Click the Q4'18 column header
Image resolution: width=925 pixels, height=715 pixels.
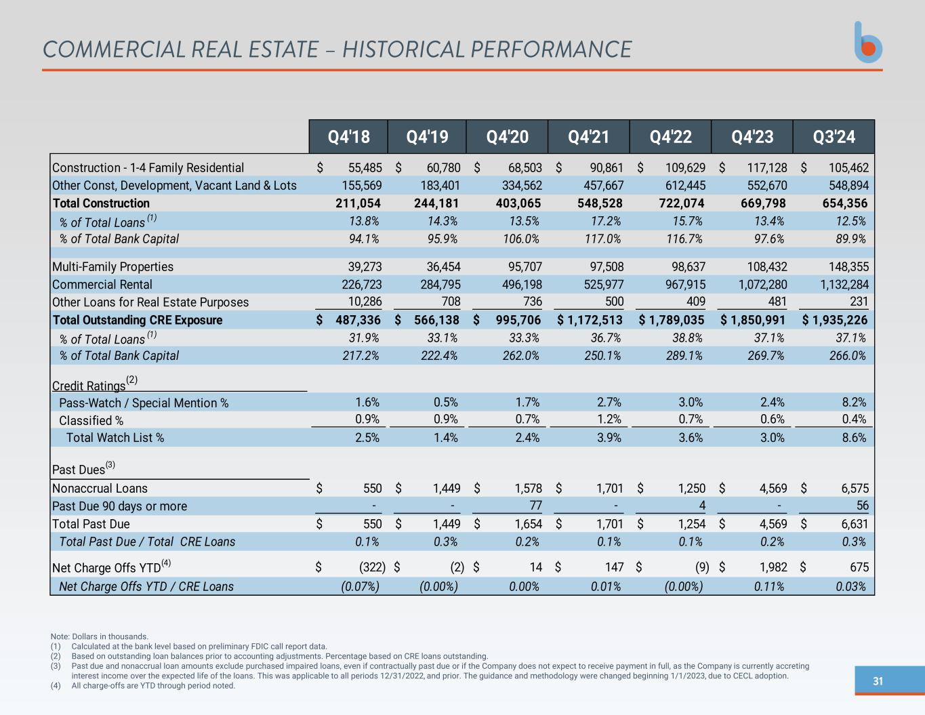[x=348, y=137]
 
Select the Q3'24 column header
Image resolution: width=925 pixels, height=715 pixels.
[x=834, y=137]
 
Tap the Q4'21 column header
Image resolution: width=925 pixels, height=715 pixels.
[x=588, y=137]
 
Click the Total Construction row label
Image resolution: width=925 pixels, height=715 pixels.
[x=101, y=203]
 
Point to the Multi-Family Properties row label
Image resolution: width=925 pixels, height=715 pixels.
[x=112, y=267]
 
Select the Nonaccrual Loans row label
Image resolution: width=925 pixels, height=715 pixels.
[x=100, y=489]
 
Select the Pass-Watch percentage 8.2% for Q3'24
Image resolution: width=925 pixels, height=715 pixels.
[x=854, y=403]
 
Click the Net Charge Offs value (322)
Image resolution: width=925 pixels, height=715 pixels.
[x=372, y=567]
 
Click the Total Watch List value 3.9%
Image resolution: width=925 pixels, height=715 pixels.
[x=609, y=438]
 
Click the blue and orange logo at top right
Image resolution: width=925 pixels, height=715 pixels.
[x=867, y=43]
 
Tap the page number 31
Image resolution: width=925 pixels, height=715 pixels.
[x=878, y=681]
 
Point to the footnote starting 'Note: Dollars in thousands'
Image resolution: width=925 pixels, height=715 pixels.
[x=100, y=636]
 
